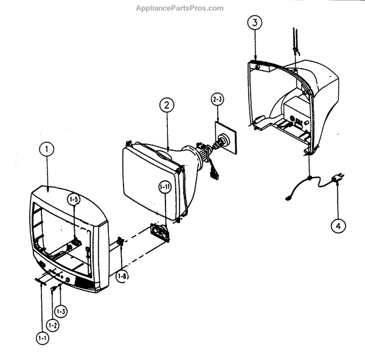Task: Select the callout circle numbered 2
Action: click(x=165, y=105)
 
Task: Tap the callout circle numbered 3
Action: click(x=255, y=24)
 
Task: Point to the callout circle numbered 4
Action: click(x=338, y=225)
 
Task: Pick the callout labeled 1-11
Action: click(x=165, y=187)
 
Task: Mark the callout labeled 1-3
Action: click(x=60, y=311)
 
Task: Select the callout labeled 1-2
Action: click(x=53, y=325)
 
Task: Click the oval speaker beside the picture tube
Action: click(x=162, y=232)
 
